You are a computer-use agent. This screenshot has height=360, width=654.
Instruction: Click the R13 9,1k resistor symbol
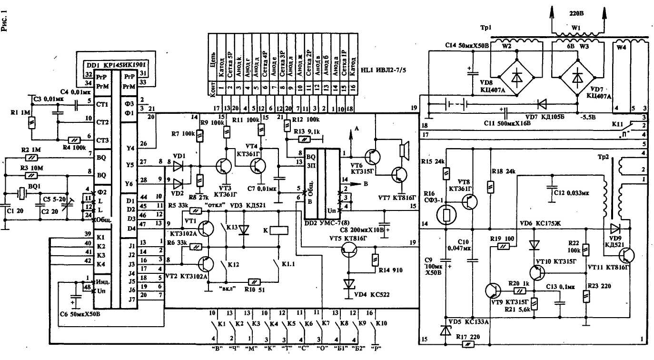click(303, 140)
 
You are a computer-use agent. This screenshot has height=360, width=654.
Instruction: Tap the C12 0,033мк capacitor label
click(572, 193)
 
